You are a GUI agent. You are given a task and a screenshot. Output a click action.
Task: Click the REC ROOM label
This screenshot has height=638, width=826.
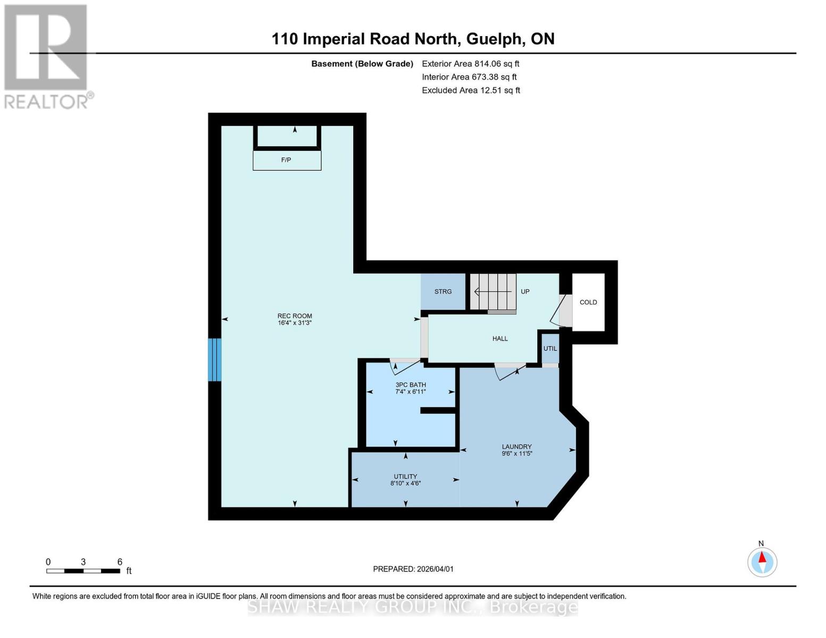[x=295, y=319]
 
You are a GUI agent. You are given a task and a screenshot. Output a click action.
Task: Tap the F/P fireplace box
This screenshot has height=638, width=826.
[x=287, y=160]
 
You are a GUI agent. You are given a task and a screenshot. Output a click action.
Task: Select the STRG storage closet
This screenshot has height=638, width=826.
[x=443, y=291]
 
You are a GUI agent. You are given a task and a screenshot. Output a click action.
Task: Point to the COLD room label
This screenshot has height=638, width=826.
[x=588, y=302]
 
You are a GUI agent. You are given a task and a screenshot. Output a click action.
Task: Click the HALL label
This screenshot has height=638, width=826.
[x=500, y=339]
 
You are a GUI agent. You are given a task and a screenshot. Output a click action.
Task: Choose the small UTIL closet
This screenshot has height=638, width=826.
[x=550, y=349]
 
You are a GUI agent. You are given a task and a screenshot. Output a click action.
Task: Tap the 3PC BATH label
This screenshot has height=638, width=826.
[x=411, y=388]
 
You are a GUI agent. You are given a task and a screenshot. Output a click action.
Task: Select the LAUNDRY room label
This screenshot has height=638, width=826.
[x=517, y=450]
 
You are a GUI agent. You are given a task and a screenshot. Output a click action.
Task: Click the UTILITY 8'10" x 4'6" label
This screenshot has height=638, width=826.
[x=405, y=480]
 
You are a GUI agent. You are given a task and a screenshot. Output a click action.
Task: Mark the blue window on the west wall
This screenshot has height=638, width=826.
[x=214, y=360]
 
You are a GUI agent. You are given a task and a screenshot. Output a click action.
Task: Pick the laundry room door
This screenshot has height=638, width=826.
[x=509, y=371]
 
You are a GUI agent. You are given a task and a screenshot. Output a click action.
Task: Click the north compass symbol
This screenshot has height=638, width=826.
[x=762, y=562]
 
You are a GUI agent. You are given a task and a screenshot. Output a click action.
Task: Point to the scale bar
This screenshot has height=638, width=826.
[x=83, y=571]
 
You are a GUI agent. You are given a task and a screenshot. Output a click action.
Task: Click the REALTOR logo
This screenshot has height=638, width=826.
[x=47, y=56]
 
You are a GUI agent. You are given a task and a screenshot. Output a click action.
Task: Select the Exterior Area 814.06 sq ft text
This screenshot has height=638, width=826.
[x=470, y=64]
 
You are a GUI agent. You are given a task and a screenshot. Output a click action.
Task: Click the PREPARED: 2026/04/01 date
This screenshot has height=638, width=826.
[x=413, y=569]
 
